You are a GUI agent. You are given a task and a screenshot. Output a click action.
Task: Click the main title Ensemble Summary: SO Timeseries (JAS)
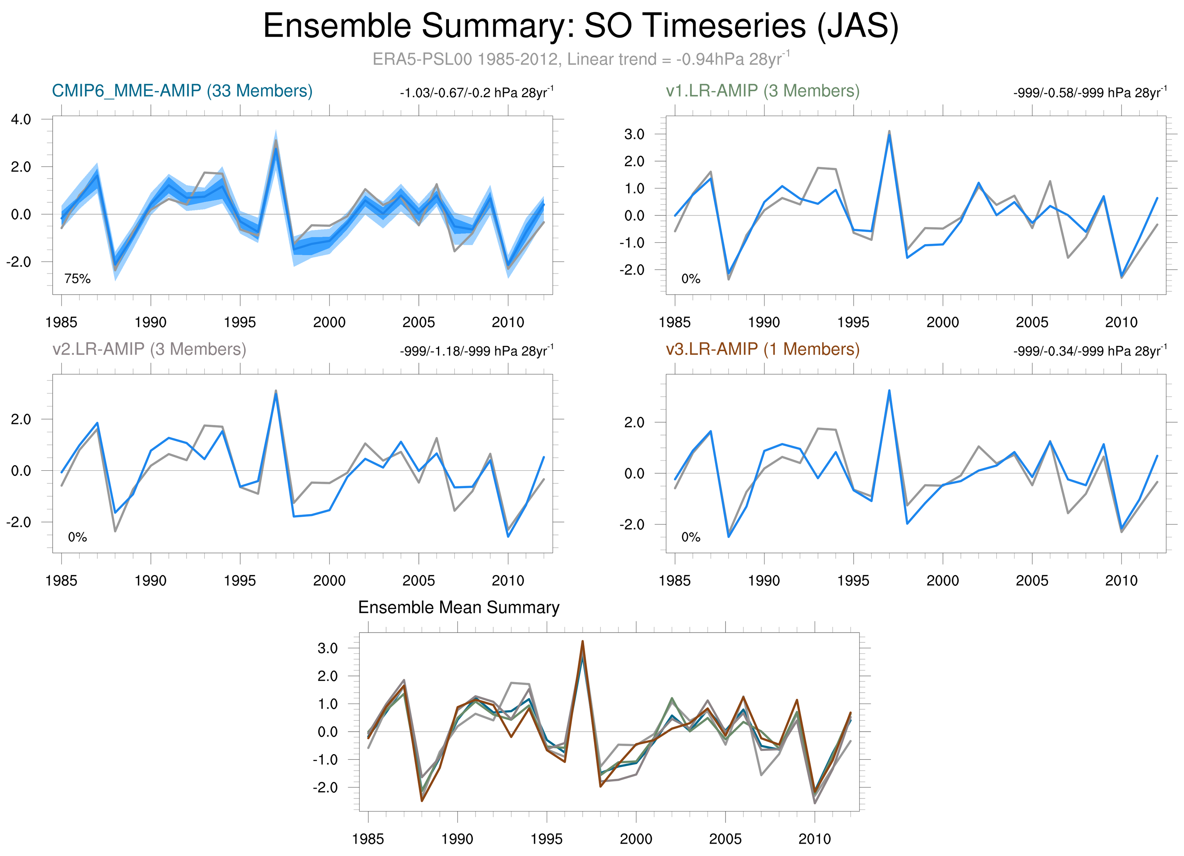tap(581, 26)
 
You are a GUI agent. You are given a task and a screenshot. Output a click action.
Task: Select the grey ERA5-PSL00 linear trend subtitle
tap(581, 59)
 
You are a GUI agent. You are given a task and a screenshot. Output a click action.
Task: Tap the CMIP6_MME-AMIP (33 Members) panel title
tap(182, 91)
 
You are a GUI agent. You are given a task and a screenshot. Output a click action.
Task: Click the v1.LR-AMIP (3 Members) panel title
tap(762, 91)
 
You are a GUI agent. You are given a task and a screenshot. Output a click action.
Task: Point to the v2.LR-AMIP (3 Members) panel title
tap(149, 349)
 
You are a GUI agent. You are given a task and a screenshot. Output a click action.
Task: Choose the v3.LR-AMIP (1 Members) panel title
tap(762, 349)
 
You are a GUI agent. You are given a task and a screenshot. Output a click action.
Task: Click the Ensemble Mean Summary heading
tap(458, 608)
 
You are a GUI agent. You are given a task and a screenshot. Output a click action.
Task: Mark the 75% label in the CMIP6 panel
tap(77, 279)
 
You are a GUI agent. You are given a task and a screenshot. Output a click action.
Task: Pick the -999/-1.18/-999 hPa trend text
tap(476, 351)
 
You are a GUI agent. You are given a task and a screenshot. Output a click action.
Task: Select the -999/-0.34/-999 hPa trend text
tap(1089, 351)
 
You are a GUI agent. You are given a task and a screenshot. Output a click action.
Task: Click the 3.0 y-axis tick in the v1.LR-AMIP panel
tap(634, 134)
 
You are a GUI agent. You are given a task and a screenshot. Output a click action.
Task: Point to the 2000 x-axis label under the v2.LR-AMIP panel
tap(329, 581)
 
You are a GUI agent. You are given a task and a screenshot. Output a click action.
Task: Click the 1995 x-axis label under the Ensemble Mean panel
tap(547, 839)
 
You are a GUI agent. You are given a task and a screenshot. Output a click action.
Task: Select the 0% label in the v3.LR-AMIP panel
tap(691, 537)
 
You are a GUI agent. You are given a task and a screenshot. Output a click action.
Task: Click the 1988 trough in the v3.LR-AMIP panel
tap(729, 536)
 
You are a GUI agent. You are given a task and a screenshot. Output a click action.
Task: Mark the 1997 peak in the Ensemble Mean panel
tap(583, 642)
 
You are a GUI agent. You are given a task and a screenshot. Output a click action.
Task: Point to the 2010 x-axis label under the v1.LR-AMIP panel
tap(1121, 322)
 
